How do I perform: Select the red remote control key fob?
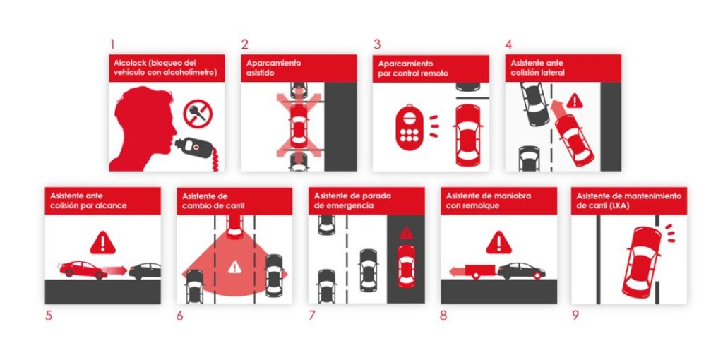pyautogui.click(x=408, y=128)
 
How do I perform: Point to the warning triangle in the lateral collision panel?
pyautogui.click(x=575, y=100)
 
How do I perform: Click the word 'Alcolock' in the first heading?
pyautogui.click(x=129, y=63)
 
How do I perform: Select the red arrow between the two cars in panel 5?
pyautogui.click(x=116, y=270)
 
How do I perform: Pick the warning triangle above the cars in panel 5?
pyautogui.click(x=103, y=243)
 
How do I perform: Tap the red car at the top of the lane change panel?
pyautogui.click(x=234, y=225)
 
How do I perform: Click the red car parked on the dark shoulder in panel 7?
pyautogui.click(x=405, y=265)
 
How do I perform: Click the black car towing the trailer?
pyautogui.click(x=521, y=270)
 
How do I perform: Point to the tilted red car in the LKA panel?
pyautogui.click(x=642, y=260)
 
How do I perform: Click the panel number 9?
pyautogui.click(x=575, y=316)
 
